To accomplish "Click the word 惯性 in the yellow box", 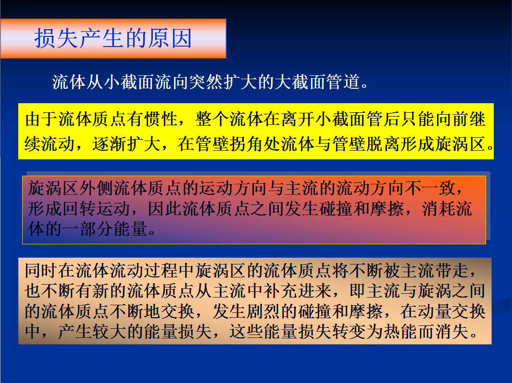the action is point(162,119).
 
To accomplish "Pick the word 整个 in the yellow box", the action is point(212,119).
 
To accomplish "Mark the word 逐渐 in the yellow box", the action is point(110,144).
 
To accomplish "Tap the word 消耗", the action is point(439,209).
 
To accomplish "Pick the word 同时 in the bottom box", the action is point(41,271).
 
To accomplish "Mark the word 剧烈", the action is point(263,311).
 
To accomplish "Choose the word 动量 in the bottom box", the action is point(435,311).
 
